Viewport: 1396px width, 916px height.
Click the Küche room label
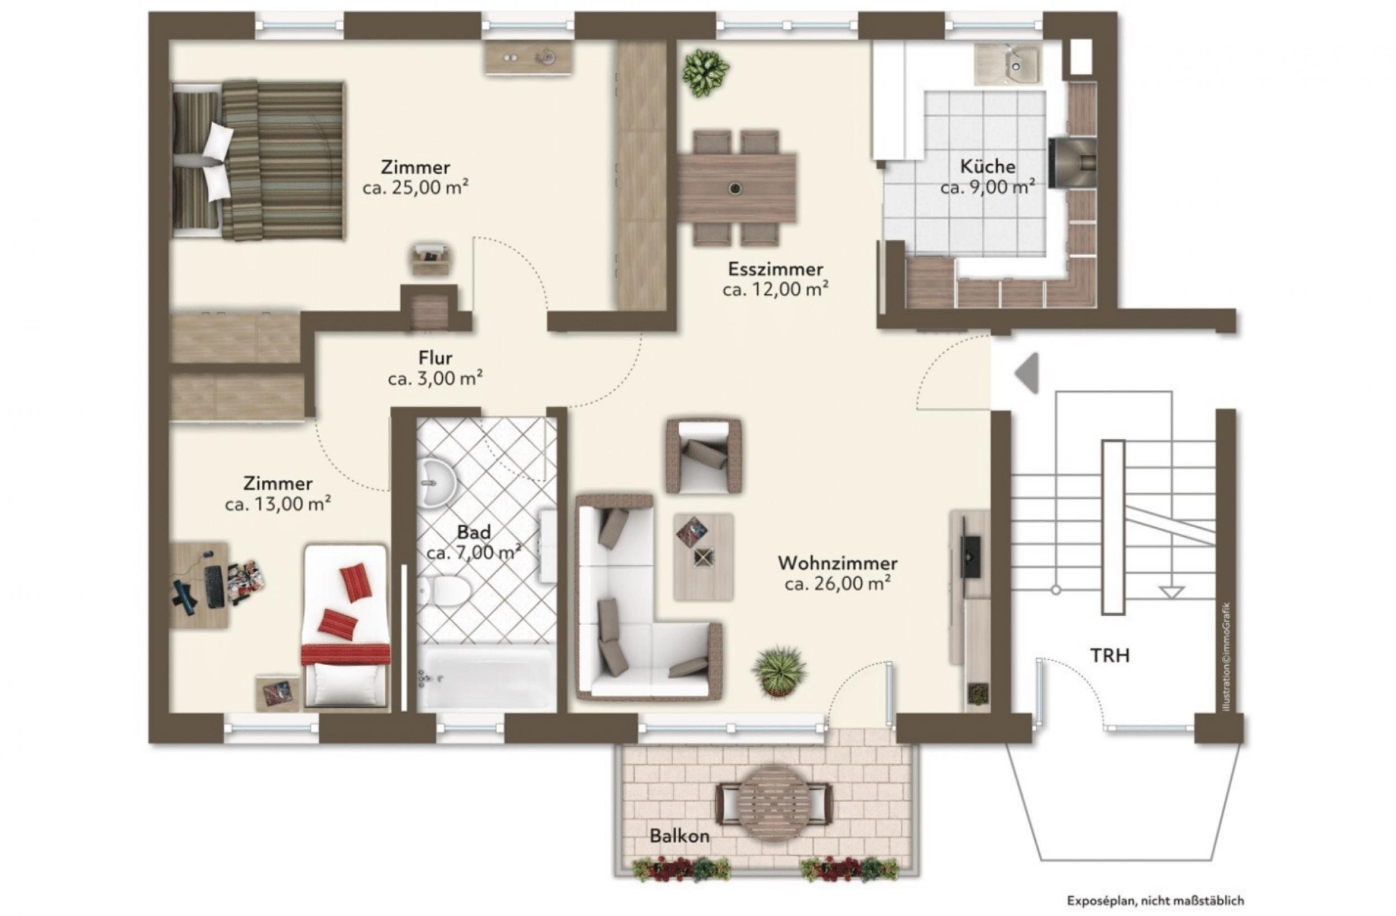pos(988,166)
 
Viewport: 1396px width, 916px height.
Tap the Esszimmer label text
pos(776,269)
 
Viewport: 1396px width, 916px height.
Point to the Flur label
pos(435,357)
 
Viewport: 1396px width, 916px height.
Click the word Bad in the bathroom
pos(474,532)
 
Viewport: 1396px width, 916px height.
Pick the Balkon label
pos(680,836)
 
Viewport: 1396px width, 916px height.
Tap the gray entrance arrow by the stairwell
pos(1027,373)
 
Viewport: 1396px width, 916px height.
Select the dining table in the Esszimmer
pos(737,188)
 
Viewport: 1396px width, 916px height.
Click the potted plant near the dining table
pos(706,73)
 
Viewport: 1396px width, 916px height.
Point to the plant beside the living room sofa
pos(779,672)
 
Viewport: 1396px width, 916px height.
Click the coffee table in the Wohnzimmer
pos(703,557)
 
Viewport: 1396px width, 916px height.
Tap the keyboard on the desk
pos(213,586)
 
